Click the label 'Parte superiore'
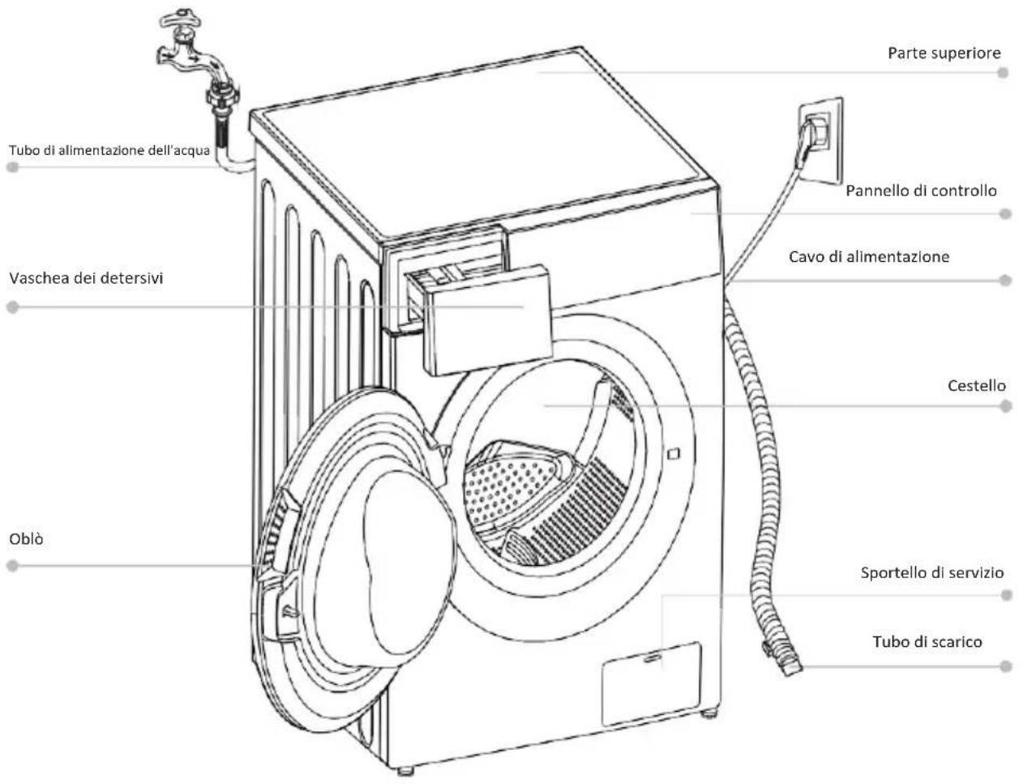click(x=944, y=54)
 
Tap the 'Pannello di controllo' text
click(x=921, y=191)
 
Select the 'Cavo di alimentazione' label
click(x=869, y=257)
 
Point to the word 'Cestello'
click(x=977, y=386)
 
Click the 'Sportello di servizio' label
click(x=931, y=572)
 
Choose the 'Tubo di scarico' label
click(x=927, y=642)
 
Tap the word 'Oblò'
click(x=26, y=538)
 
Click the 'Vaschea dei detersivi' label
click(x=86, y=278)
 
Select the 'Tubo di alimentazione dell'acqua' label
click(x=109, y=151)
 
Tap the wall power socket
click(x=820, y=140)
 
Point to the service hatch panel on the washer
click(x=651, y=685)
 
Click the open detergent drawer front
click(x=487, y=320)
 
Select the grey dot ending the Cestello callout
click(x=1005, y=406)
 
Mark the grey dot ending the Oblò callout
click(x=13, y=566)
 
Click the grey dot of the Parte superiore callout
click(x=1004, y=72)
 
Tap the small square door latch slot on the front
click(x=673, y=453)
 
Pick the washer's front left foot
click(x=405, y=771)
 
